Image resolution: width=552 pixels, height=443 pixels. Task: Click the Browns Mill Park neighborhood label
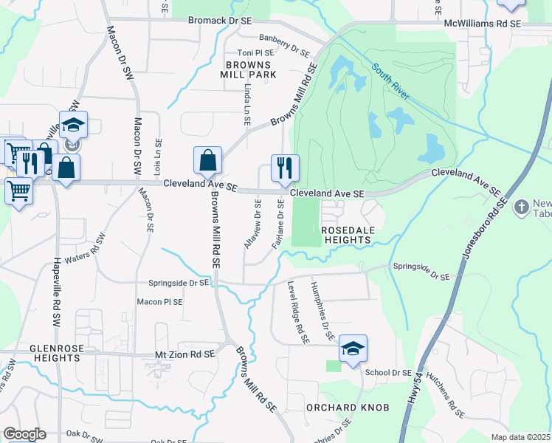(x=248, y=69)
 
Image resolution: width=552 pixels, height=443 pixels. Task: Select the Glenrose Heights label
(x=55, y=352)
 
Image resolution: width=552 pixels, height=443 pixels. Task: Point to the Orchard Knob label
(x=342, y=408)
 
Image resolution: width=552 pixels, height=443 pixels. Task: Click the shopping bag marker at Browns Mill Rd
(x=208, y=160)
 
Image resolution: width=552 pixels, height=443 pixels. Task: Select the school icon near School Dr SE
(x=353, y=348)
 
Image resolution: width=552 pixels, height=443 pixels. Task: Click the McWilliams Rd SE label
(x=483, y=24)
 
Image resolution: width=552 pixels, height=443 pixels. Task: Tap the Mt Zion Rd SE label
(x=184, y=354)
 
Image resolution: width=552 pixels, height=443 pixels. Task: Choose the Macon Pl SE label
(x=159, y=302)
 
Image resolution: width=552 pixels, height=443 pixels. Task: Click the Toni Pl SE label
(x=255, y=53)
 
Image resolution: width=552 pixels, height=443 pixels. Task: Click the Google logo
(x=24, y=434)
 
